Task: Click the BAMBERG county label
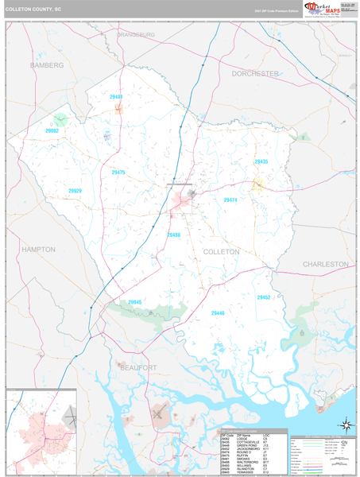pos(46,64)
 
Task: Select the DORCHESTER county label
pos(256,73)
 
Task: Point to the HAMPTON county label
pos(38,250)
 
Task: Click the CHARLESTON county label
pos(325,263)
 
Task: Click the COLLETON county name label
pos(222,251)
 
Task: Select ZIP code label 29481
pos(116,97)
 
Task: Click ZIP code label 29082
pos(52,130)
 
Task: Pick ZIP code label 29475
pos(118,173)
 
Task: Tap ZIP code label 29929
pos(75,191)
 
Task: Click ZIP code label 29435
pos(261,162)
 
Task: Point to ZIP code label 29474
pos(230,201)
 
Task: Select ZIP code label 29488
pos(174,235)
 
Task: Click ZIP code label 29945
pos(134,302)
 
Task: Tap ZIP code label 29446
pos(218,313)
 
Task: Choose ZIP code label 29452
pos(264,297)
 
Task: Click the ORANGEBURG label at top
pos(136,35)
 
